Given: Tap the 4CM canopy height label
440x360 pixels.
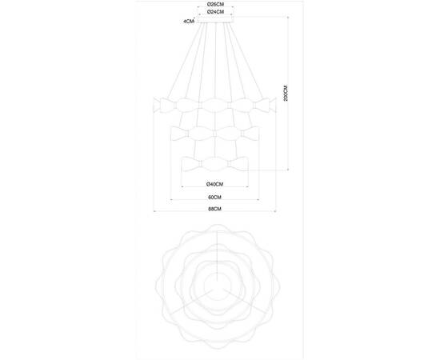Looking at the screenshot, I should click(188, 22).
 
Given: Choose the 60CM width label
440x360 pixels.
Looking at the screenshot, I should click(214, 197).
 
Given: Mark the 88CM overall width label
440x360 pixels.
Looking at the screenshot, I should click(214, 210).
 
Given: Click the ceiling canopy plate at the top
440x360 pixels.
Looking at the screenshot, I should click(214, 22).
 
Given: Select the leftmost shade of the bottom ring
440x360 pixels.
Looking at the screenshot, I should click(190, 165).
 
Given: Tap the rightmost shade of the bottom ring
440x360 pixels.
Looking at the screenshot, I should click(238, 165).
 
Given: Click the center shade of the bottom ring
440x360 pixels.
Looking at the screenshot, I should click(214, 165).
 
